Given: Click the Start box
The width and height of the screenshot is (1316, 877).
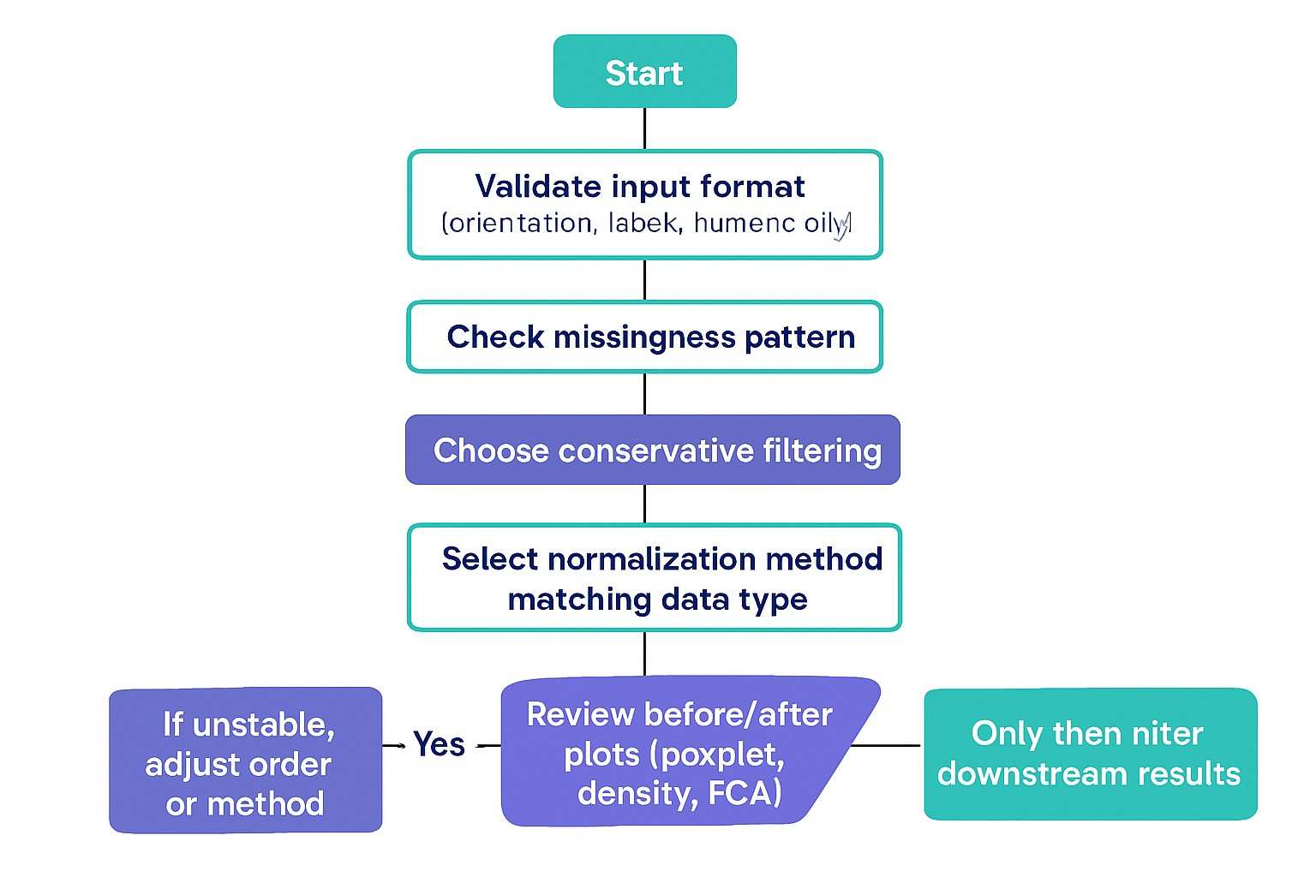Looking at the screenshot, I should (644, 72).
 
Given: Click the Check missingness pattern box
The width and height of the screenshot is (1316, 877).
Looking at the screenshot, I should (644, 337).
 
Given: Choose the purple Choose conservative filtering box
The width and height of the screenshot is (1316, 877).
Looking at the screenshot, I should (652, 450).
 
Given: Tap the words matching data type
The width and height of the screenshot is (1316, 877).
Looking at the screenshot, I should (657, 600).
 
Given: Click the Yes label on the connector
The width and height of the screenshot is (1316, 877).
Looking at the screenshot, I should (439, 744).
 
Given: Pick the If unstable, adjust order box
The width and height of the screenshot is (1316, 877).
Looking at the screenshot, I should (245, 760).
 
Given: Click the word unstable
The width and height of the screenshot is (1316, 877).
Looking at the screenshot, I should (263, 725).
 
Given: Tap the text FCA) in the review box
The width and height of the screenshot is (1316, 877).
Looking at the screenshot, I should (745, 794).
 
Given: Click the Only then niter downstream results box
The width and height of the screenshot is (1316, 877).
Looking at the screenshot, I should (1089, 754).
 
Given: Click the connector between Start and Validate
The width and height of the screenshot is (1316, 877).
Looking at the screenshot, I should (644, 128).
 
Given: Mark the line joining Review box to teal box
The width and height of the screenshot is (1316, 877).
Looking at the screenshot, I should (886, 745).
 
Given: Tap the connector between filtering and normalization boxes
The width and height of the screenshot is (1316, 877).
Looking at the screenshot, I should (644, 504).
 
